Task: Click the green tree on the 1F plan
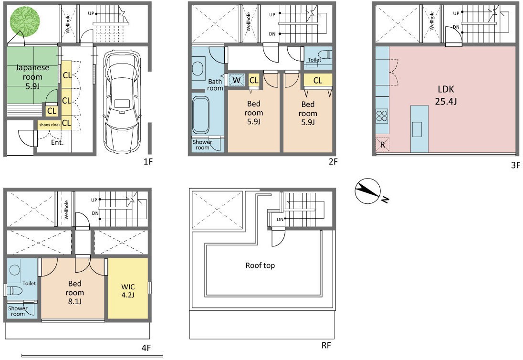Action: [24, 22]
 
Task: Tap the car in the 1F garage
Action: [121, 101]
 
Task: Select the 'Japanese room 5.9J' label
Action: [32, 77]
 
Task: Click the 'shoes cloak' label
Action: [50, 125]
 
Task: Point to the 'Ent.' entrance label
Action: [57, 142]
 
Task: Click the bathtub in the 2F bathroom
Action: [201, 115]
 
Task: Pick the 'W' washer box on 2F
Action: [237, 80]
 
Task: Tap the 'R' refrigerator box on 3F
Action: [383, 145]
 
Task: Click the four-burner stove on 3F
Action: [382, 116]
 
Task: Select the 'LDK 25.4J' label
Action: [446, 95]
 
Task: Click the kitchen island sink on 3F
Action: [417, 129]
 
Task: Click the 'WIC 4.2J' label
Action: [128, 291]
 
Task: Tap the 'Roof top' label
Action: [260, 265]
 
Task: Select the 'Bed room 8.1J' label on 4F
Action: [75, 292]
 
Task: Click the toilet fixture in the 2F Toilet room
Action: [324, 54]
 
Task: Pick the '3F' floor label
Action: [515, 165]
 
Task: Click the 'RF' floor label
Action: [326, 345]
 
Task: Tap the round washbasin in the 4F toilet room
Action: [15, 269]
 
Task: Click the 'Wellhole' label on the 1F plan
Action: [67, 23]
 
